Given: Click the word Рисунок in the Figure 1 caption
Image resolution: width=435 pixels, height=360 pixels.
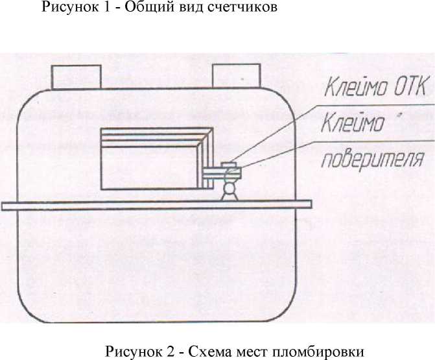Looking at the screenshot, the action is tap(70, 7).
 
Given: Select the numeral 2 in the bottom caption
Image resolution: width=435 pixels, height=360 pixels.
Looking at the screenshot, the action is tap(171, 351).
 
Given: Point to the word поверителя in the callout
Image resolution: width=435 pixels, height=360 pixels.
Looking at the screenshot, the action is tap(373, 160).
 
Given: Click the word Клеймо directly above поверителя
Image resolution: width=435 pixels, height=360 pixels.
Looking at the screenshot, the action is tap(353, 123).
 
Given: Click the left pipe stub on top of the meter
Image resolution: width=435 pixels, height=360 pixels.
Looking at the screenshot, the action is tap(76, 77).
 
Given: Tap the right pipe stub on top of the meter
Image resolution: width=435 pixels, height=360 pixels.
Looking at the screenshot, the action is tap(237, 76).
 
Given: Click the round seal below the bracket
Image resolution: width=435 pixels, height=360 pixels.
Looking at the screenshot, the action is tap(229, 187).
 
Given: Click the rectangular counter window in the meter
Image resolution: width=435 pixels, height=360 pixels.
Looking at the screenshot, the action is tap(157, 158).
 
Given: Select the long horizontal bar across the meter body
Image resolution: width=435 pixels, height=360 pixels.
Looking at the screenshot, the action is tap(156, 205).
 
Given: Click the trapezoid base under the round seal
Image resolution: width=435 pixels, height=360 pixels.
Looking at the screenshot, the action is tap(229, 197).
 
